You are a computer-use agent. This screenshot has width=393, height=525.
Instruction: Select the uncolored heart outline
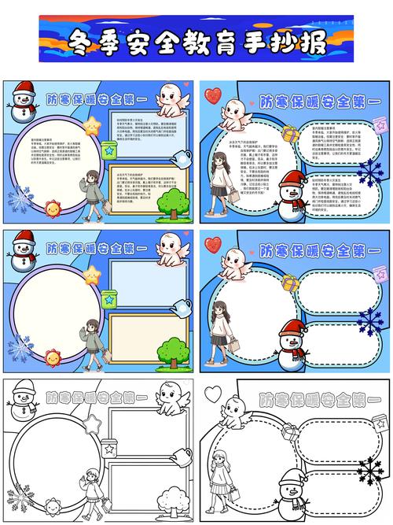pyautogui.click(x=213, y=394)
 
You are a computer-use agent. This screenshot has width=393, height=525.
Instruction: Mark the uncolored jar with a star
pyautogui.click(x=108, y=448)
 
